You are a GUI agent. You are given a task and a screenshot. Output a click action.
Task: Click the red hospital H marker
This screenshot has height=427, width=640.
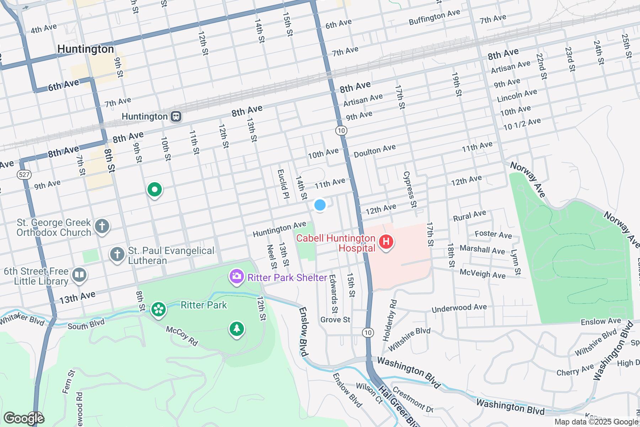[x=386, y=242]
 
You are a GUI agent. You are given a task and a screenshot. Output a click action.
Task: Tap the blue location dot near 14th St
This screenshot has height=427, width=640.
[x=320, y=205]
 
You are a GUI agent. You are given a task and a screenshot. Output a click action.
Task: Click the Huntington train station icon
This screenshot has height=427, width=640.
[x=176, y=116]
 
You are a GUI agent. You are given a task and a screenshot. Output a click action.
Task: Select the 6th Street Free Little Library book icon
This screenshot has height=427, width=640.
[x=79, y=275]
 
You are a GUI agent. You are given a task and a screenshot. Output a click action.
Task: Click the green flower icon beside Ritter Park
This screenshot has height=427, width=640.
[x=159, y=309]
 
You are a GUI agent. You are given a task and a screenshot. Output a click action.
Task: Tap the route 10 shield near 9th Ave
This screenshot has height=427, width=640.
[x=341, y=131]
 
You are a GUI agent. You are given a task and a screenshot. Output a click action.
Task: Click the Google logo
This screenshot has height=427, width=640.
[x=23, y=418]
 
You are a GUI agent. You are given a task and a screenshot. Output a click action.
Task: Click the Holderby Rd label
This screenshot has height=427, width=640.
[x=389, y=321]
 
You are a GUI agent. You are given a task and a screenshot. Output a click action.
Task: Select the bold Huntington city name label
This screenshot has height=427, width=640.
[x=86, y=49]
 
